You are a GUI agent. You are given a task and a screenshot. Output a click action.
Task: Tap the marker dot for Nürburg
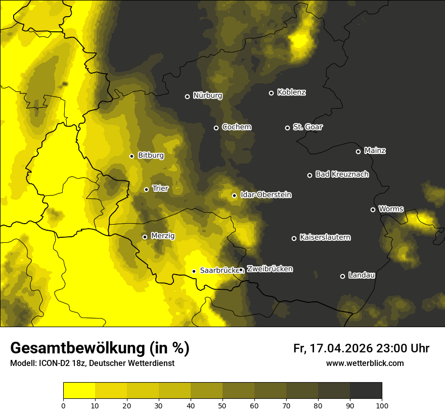pos(187,96)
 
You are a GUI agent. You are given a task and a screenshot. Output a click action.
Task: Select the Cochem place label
pos(236,127)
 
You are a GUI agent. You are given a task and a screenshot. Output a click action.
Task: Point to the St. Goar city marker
pos(287,128)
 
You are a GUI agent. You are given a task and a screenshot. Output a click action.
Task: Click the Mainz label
pos(375,151)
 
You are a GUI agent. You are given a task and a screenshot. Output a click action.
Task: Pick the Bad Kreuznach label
pos(342,175)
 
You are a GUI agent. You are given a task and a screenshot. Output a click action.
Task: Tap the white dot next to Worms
pos(373,210)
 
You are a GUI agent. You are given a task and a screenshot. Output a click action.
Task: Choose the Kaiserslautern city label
pos(325,237)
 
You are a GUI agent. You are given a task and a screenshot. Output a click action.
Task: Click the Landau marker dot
pos(342,276)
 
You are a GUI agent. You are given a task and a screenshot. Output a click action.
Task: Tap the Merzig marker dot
pos(145,237)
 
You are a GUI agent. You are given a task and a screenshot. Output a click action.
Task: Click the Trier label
pos(160,189)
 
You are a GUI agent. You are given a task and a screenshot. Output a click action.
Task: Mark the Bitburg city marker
pos(131,156)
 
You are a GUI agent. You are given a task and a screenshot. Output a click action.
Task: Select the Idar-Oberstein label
pos(265,195)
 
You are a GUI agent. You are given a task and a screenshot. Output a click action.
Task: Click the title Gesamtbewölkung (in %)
pos(100,348)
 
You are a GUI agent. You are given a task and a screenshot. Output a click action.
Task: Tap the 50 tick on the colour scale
pos(223,405)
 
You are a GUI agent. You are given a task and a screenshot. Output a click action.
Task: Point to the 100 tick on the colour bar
pos(382,405)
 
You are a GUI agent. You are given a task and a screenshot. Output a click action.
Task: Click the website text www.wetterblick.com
pos(365,363)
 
